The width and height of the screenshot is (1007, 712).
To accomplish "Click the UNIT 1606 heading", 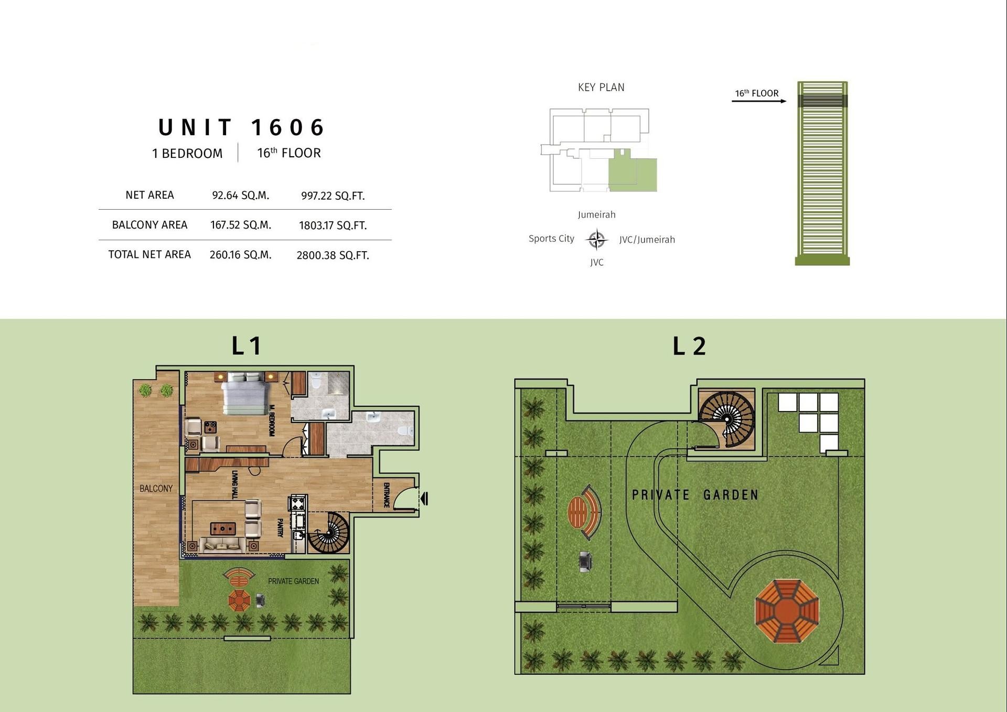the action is [241, 127].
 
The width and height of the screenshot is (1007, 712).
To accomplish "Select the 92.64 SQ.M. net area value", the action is [240, 196].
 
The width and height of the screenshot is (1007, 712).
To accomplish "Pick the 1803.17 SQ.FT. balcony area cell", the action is [333, 225].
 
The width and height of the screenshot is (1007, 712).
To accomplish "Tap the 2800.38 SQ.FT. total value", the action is [333, 255].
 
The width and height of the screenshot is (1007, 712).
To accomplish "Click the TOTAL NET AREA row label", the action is [149, 255].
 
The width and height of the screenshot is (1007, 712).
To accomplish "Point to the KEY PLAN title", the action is [601, 88].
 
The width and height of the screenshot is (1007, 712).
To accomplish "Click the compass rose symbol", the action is [596, 240].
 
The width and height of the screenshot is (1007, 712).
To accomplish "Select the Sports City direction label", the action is [551, 239].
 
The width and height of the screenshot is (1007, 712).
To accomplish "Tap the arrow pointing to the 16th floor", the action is [759, 101].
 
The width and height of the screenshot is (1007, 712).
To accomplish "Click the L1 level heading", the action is [247, 346].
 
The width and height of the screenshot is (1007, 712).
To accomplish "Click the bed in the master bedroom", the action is [247, 393].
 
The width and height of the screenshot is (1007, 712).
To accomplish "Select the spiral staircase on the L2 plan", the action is [726, 419].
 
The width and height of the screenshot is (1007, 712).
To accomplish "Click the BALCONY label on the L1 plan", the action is [156, 489].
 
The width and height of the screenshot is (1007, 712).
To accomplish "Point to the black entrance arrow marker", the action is [424, 498].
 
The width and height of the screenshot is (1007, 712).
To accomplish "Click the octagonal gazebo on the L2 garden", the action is [787, 611].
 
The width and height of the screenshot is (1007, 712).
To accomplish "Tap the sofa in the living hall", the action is [222, 545].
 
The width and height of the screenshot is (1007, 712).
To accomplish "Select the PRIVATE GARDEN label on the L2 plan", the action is [695, 495].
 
